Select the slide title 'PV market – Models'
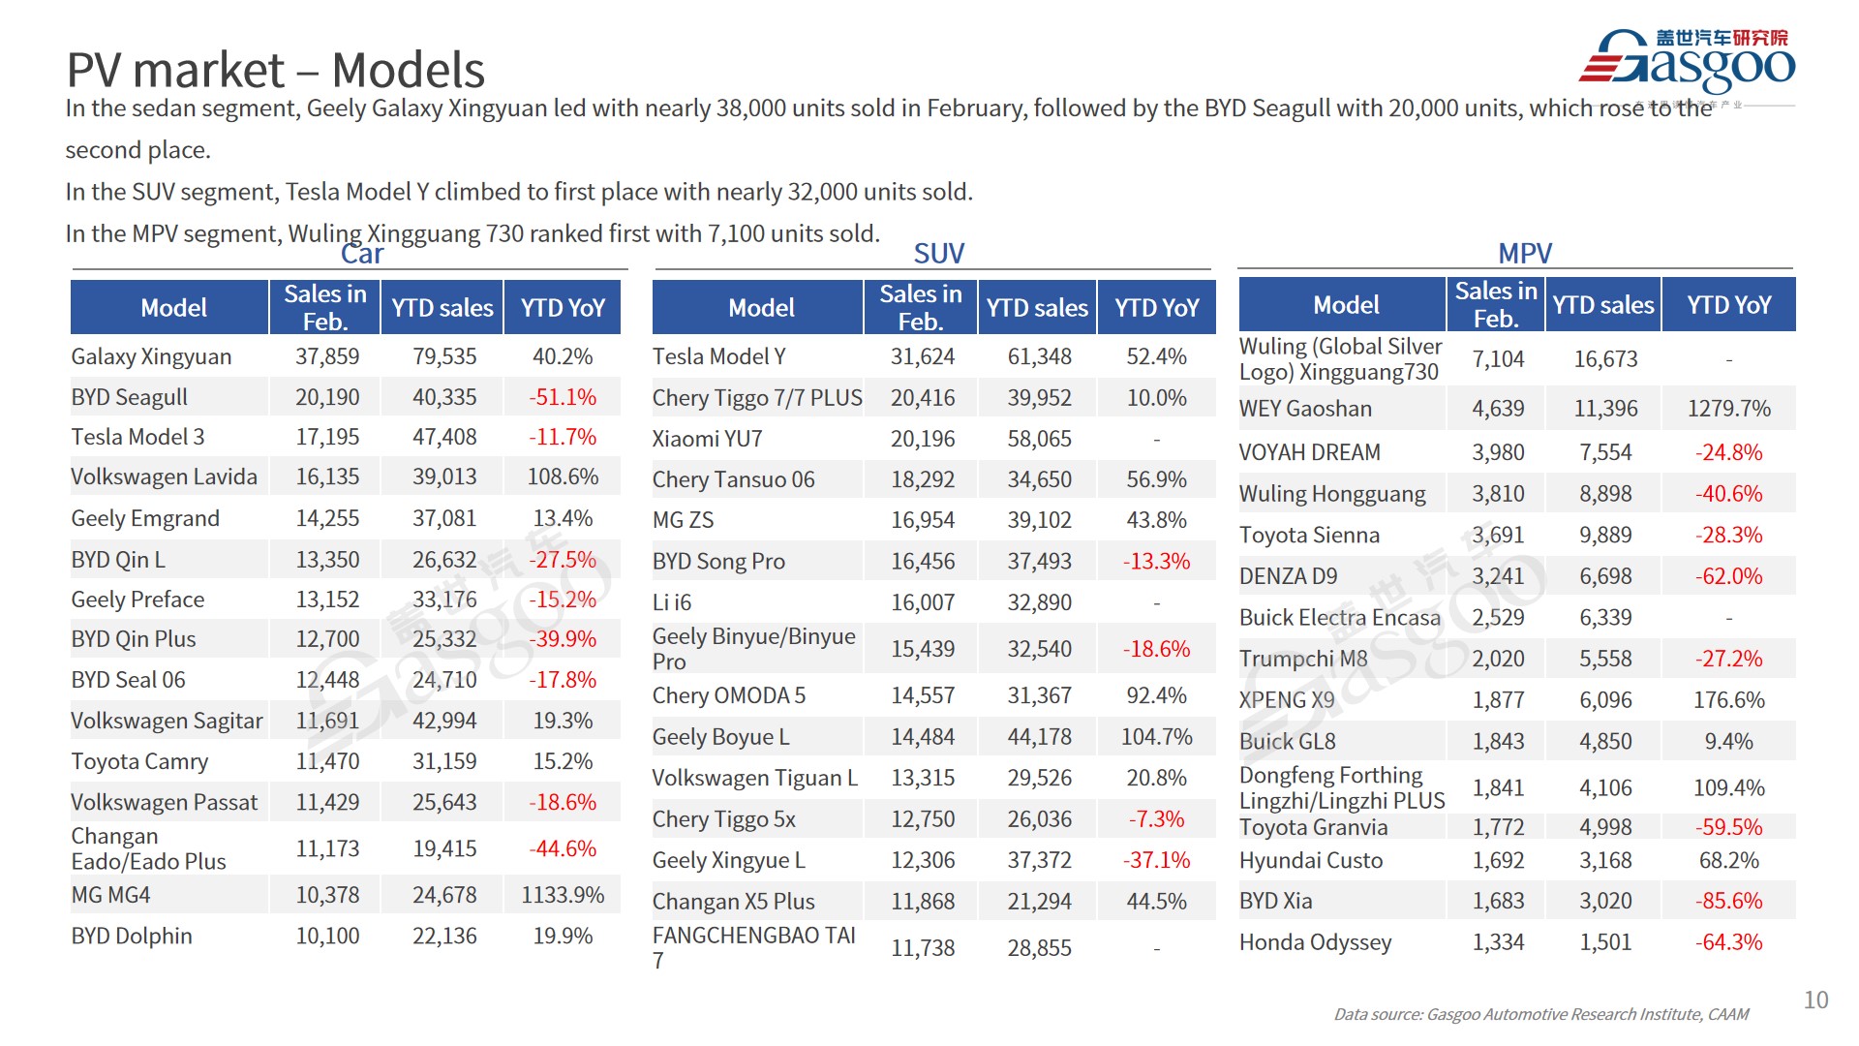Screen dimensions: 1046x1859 coord(275,70)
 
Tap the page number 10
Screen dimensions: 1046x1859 coord(1815,1000)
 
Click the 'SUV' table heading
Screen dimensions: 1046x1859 coord(938,254)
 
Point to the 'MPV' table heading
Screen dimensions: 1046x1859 coord(1524,254)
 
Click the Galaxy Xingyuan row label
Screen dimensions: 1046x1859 coord(151,356)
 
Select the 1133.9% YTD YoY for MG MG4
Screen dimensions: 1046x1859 coord(563,895)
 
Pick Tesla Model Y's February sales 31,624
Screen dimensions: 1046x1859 coord(922,356)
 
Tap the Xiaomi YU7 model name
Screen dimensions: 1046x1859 coord(707,439)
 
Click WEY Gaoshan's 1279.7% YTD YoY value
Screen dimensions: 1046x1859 coord(1728,409)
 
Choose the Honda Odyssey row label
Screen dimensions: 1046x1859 coord(1315,942)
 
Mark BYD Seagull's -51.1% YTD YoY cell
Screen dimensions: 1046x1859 coord(563,397)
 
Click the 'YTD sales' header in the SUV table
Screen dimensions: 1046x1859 coord(1037,308)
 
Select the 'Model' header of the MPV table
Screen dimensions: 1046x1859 coord(1345,305)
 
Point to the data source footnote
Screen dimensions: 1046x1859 coord(1540,1014)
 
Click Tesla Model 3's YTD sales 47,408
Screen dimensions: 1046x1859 coord(444,437)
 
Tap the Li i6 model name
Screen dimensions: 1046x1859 coord(672,602)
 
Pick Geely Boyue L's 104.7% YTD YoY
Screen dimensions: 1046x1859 coord(1156,737)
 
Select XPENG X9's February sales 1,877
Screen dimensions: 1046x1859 coord(1498,700)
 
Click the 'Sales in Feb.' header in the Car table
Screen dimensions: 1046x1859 coord(324,308)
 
